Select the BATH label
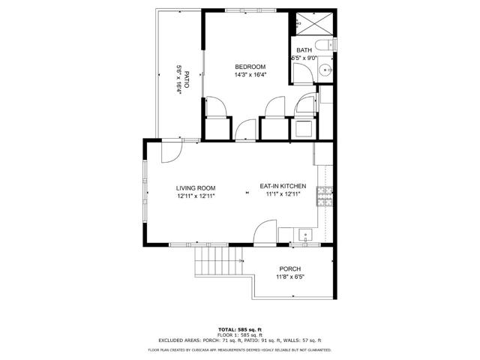(304, 50)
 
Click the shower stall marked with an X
(307, 24)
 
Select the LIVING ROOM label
(196, 187)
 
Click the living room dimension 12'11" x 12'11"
(196, 196)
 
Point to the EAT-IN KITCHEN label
(283, 186)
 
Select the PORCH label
(289, 269)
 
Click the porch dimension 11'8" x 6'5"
(289, 277)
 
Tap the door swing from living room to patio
(171, 151)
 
